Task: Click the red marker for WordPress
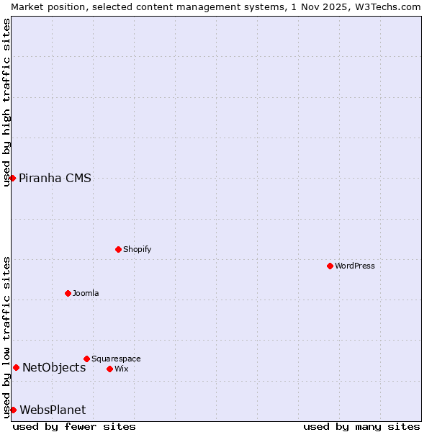click(x=330, y=266)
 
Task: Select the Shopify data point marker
click(x=118, y=249)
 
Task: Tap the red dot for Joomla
click(x=68, y=293)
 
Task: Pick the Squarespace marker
click(x=86, y=359)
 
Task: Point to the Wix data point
click(x=109, y=369)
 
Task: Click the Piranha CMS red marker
click(x=12, y=178)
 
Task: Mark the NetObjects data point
click(x=16, y=367)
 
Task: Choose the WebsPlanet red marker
click(x=13, y=410)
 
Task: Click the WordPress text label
click(x=355, y=266)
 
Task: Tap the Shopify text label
click(x=137, y=249)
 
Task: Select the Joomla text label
click(x=86, y=293)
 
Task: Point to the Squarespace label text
click(x=116, y=359)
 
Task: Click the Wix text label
click(x=122, y=369)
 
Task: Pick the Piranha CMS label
click(x=55, y=178)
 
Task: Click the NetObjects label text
click(x=54, y=367)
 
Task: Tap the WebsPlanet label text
click(x=53, y=410)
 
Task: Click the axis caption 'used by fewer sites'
click(x=74, y=426)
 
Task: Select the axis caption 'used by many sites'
click(x=361, y=426)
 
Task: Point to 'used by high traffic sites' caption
click(x=6, y=102)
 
